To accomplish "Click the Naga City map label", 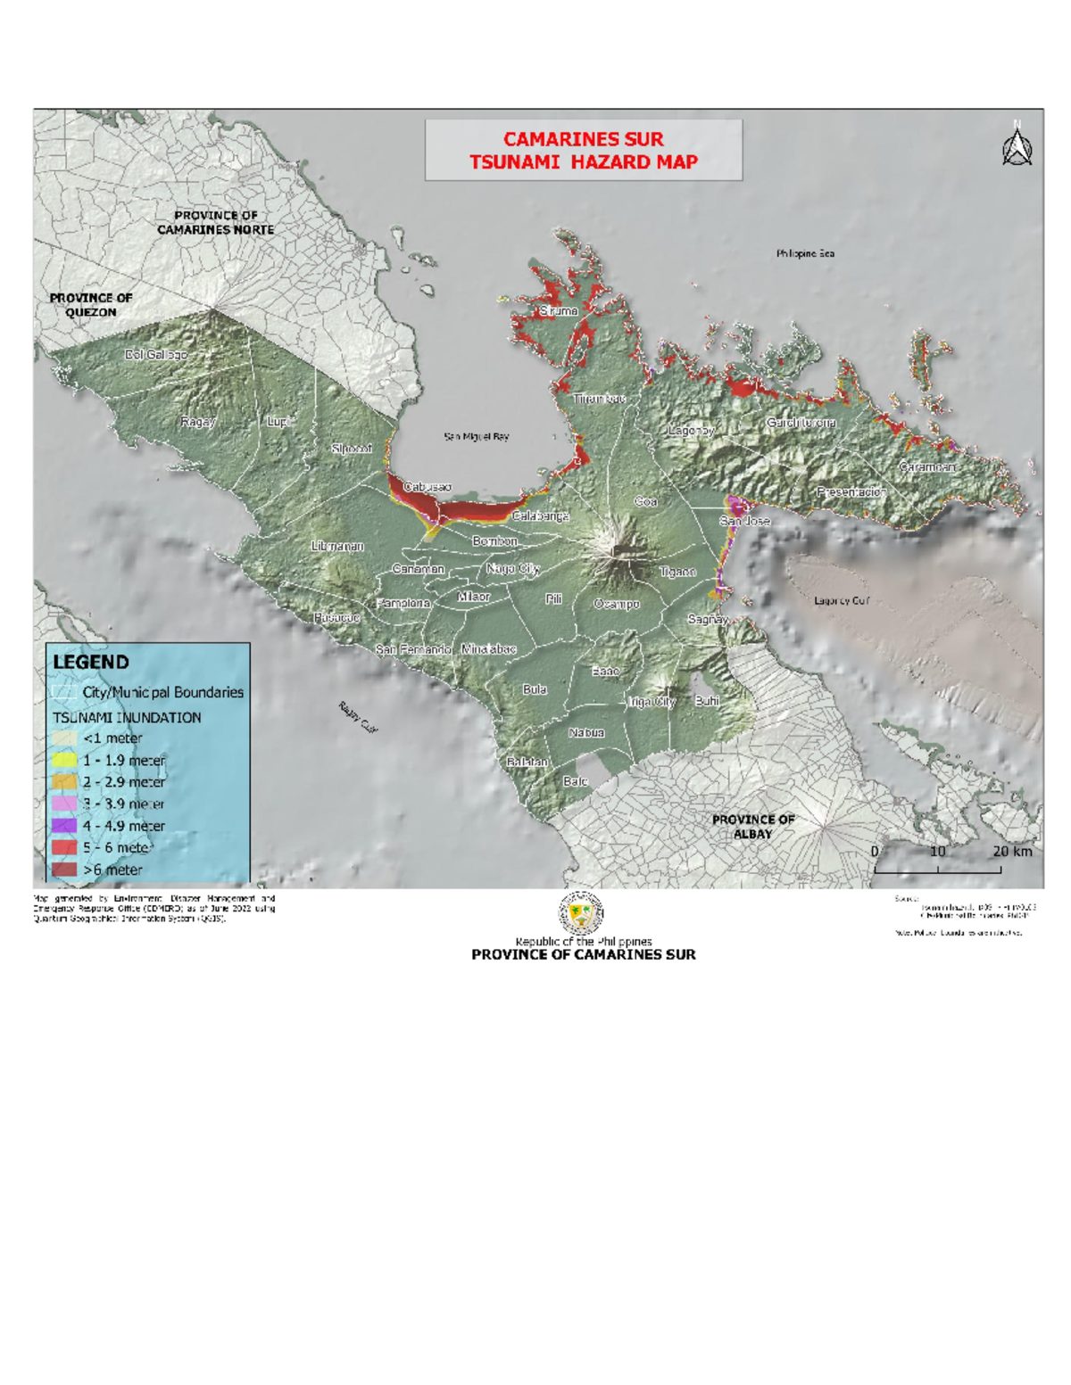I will [x=512, y=568].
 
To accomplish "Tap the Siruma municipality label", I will [x=559, y=310].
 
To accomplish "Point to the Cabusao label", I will [x=428, y=487].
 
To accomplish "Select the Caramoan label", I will [x=927, y=466].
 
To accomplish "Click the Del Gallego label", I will [x=156, y=354].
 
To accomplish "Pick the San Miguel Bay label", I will [x=477, y=436].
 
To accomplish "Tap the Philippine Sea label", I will [x=805, y=253].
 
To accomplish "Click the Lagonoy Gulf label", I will [x=841, y=600].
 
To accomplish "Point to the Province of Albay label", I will [x=753, y=826].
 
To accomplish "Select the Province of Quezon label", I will [x=90, y=305].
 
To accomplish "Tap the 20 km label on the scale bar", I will [x=1012, y=851].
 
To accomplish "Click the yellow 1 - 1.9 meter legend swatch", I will [x=64, y=760].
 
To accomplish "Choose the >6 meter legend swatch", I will [x=64, y=870].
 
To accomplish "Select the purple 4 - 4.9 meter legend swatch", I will [x=64, y=826].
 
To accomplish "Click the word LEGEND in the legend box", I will [x=91, y=662].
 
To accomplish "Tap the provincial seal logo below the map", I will [x=581, y=913].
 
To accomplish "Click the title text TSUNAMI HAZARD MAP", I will [x=583, y=162].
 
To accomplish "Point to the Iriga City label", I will [x=652, y=702].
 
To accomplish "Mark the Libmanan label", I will [x=337, y=546].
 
